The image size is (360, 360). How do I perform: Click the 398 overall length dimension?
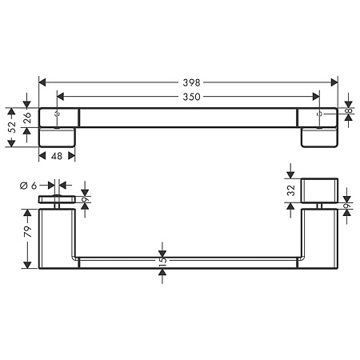tap(190, 82)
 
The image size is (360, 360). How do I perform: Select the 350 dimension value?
tap(190, 96)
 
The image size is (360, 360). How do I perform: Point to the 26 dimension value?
tap(27, 116)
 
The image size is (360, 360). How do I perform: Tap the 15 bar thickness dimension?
tap(162, 262)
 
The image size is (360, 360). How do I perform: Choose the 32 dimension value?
tap(291, 192)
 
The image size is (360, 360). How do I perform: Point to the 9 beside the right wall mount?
tap(349, 207)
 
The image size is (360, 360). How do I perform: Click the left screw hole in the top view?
tap(58, 116)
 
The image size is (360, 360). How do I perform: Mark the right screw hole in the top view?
tap(320, 116)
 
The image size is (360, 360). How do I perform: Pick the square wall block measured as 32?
tap(320, 192)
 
